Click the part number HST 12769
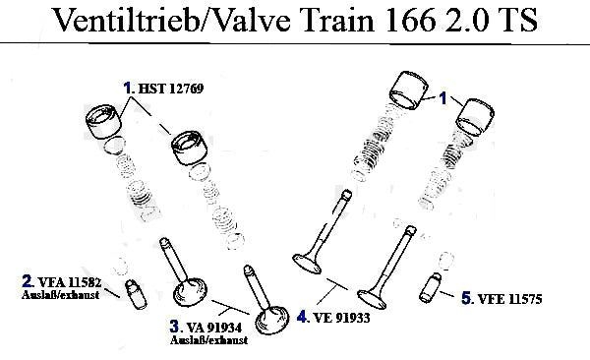[171, 89]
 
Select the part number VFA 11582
[70, 282]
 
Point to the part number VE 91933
[341, 318]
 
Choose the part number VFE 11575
[509, 299]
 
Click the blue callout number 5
[466, 298]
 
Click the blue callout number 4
[302, 317]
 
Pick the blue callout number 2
[27, 281]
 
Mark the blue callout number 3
[174, 327]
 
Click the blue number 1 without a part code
[442, 98]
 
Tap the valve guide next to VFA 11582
[136, 294]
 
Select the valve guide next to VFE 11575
[431, 287]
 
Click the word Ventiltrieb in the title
[127, 20]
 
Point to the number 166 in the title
[410, 20]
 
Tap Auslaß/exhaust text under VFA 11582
[60, 294]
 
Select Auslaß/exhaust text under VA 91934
[208, 340]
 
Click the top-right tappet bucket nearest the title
[409, 90]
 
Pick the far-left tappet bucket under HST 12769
[103, 122]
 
